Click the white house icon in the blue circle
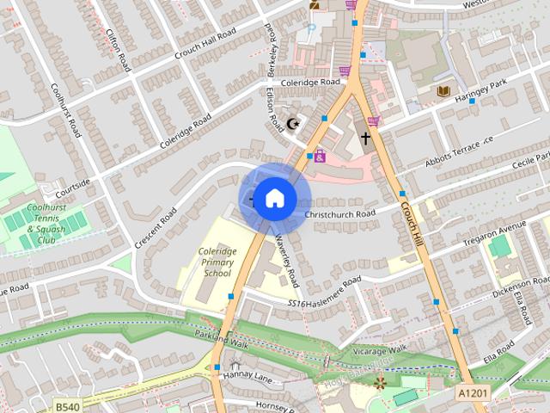(x=274, y=199)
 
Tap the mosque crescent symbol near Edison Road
(x=294, y=124)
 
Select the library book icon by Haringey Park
(x=443, y=90)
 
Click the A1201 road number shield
(x=469, y=391)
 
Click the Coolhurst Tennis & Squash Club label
(x=48, y=224)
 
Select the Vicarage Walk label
(x=377, y=350)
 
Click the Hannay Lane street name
(x=247, y=377)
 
